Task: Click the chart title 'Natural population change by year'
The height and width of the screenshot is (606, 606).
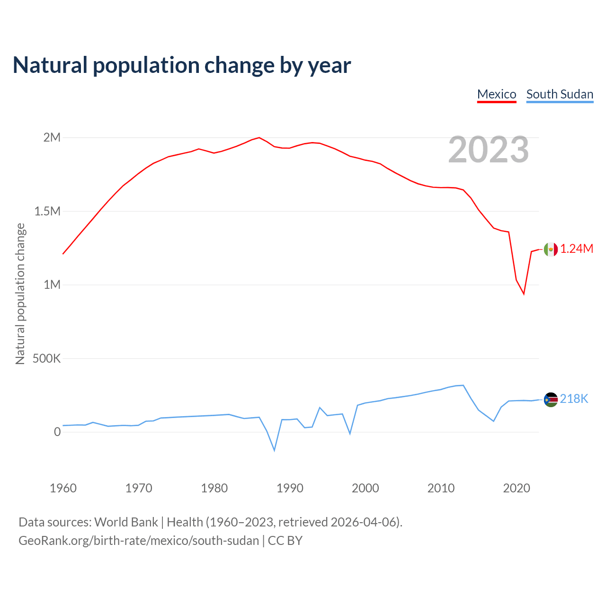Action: point(182,65)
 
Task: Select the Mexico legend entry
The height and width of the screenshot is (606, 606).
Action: point(497,94)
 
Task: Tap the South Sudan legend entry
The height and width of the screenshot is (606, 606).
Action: point(560,94)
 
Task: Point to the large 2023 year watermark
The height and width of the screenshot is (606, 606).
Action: point(489,150)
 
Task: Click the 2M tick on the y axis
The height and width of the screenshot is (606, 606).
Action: point(52,138)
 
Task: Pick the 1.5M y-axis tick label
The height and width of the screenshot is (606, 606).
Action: point(47,211)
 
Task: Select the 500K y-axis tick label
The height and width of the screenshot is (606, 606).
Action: point(46,358)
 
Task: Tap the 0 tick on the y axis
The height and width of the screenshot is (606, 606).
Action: point(57,432)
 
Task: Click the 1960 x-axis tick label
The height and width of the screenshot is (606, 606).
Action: point(63,488)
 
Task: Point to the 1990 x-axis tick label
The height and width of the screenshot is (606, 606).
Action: point(290,488)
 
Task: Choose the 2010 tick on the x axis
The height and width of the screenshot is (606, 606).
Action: point(441,488)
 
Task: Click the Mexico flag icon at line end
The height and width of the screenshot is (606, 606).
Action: point(551,249)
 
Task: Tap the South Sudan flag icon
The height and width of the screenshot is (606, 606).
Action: point(551,400)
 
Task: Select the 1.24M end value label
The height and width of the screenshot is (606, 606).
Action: point(577,249)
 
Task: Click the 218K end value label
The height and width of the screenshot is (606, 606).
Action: point(574,399)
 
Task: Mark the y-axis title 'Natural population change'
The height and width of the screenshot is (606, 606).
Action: point(20,294)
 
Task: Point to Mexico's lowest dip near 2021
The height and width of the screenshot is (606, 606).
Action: point(524,294)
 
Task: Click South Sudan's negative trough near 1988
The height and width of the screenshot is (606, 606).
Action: point(274,450)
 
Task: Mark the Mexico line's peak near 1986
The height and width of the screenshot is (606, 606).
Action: point(259,138)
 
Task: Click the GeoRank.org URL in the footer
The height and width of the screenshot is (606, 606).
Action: point(139,541)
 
